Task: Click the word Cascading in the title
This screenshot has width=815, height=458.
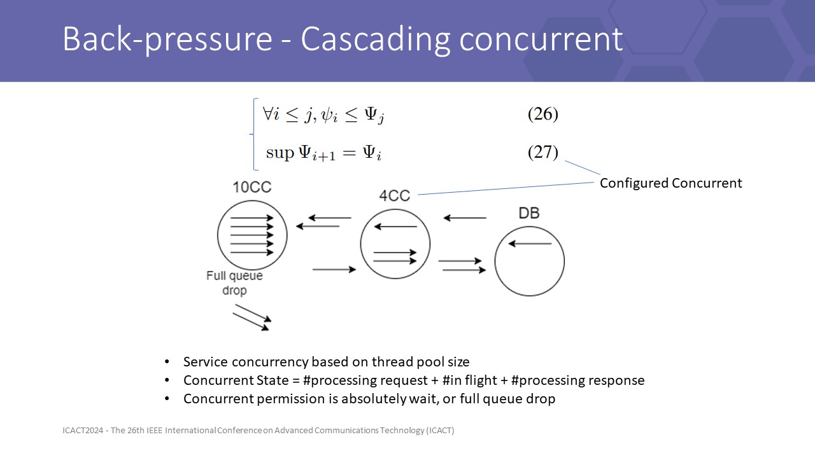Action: click(x=376, y=39)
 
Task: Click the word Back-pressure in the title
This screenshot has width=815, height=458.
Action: click(x=167, y=39)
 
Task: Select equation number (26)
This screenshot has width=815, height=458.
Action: click(x=543, y=114)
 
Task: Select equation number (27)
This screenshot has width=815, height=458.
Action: click(x=543, y=152)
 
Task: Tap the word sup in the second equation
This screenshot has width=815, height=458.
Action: click(x=280, y=153)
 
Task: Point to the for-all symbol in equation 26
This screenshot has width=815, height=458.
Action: click(x=268, y=113)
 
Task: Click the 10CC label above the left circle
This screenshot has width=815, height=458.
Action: click(x=252, y=187)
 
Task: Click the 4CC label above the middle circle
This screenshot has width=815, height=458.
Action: click(x=394, y=196)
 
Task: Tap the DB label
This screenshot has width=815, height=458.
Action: click(x=529, y=213)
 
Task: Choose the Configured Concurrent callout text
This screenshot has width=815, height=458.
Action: click(x=670, y=183)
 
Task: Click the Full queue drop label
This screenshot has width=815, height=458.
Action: click(x=234, y=283)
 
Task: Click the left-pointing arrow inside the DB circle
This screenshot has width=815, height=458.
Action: click(x=530, y=244)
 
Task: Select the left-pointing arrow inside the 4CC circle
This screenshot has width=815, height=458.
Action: click(x=395, y=226)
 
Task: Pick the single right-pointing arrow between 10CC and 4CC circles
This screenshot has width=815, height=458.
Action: click(x=334, y=269)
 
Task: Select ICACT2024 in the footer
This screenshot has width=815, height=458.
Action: click(x=83, y=431)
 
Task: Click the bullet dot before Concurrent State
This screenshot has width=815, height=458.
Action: click(x=167, y=380)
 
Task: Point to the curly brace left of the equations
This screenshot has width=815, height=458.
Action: click(x=253, y=134)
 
